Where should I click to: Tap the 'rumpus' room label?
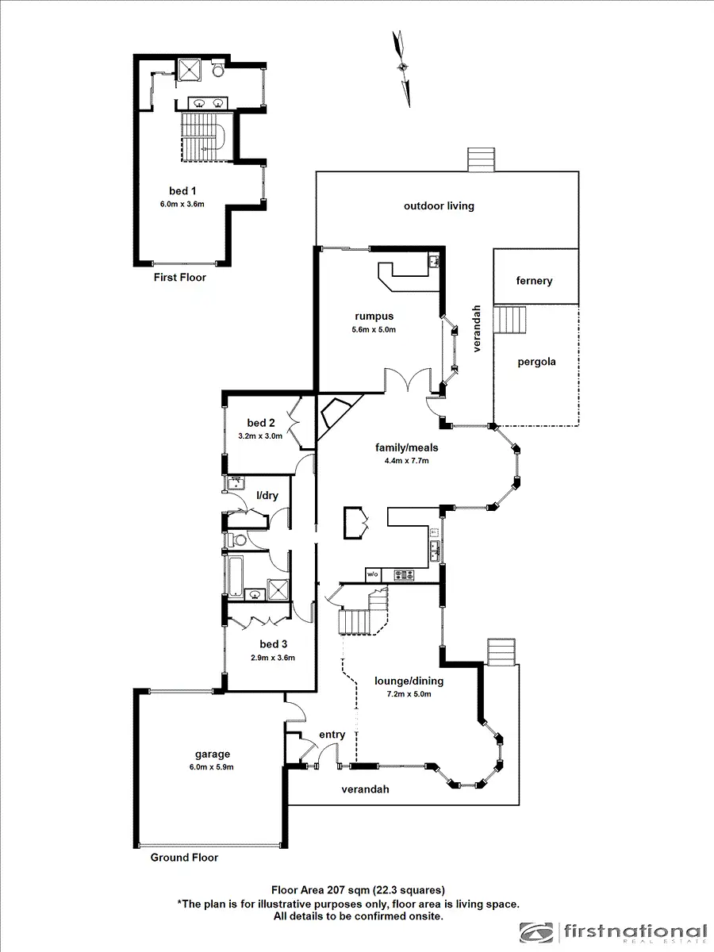point(375,316)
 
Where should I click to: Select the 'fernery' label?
point(534,281)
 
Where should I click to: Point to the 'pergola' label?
point(536,362)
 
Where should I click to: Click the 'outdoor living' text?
point(439,205)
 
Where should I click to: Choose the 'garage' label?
point(213,754)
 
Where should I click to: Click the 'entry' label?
point(332,735)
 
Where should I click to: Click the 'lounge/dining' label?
point(409,681)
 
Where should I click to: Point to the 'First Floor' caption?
point(179,278)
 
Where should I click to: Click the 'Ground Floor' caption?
point(184,857)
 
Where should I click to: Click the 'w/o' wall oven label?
point(373,574)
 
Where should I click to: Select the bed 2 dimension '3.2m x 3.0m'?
point(261,436)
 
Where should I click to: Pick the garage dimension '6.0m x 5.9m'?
point(213,767)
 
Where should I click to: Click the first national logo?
point(613,933)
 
